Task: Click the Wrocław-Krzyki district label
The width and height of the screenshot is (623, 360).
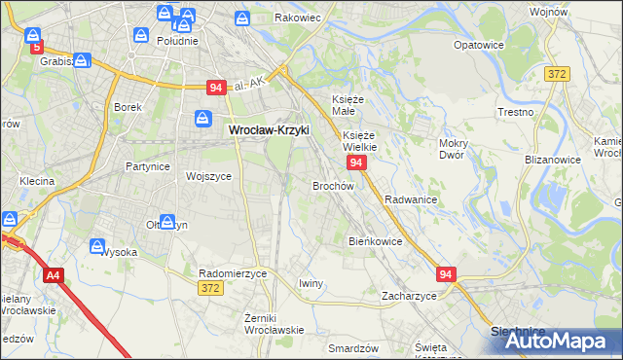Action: tap(267, 129)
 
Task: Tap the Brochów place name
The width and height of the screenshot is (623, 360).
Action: tap(332, 185)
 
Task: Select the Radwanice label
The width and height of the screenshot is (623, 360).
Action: tap(410, 198)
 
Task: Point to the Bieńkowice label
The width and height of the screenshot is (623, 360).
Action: tap(376, 240)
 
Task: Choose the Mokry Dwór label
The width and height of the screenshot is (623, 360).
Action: tap(454, 149)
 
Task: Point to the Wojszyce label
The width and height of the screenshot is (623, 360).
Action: tap(208, 176)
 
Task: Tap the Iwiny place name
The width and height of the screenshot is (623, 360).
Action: tap(311, 283)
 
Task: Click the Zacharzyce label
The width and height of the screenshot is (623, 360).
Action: tap(409, 295)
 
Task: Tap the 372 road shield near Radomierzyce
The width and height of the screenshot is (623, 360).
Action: tap(209, 288)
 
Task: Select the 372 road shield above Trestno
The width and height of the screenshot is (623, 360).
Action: tap(557, 74)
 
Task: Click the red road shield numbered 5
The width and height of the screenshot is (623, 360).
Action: tap(37, 46)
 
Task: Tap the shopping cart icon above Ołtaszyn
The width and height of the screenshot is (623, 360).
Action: tap(167, 223)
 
